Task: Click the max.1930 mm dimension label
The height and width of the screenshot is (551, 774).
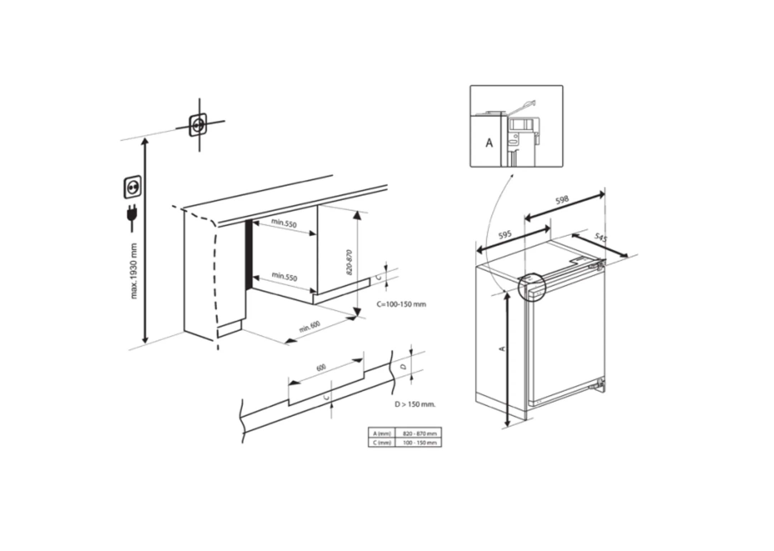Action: coord(133,271)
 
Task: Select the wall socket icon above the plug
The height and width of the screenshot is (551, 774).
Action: coord(133,187)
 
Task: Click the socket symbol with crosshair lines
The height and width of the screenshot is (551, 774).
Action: coord(198,125)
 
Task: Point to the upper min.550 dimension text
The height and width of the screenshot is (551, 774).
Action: coord(284,223)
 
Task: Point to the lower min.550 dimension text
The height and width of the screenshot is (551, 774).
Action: coord(285,277)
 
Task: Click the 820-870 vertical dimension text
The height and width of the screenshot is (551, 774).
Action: coord(349,262)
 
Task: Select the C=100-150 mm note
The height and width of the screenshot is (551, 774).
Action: coord(401,304)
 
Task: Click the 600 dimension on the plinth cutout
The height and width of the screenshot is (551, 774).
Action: coord(321,367)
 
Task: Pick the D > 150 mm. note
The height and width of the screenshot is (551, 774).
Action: coord(415,404)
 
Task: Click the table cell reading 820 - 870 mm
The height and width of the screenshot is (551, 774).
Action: coord(419,433)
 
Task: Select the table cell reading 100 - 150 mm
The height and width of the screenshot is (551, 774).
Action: coord(419,443)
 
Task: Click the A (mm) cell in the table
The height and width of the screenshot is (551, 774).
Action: coord(382,433)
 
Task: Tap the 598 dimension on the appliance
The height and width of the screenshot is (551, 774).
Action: coord(562,200)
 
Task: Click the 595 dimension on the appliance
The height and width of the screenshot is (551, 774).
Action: coord(505,235)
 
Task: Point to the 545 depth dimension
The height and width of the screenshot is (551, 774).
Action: coord(601,237)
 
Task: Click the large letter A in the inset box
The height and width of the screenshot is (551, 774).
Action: coord(489,143)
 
